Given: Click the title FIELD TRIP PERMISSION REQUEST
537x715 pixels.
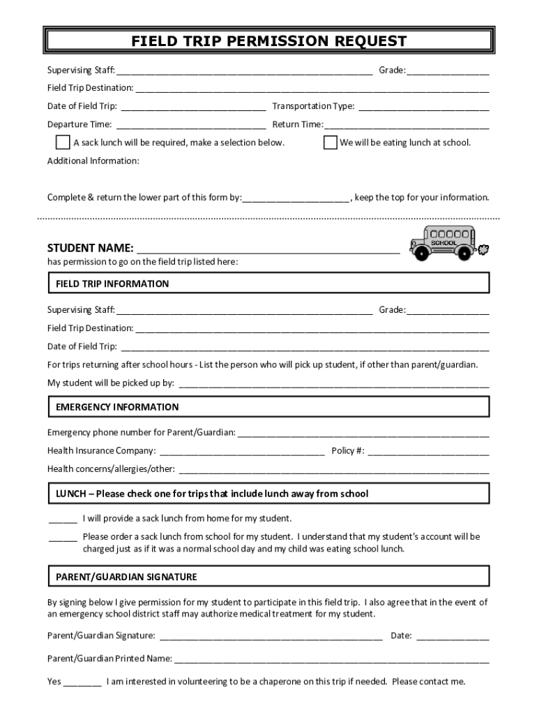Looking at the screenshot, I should pos(268,41).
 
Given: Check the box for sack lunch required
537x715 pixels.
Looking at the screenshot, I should pos(62,142).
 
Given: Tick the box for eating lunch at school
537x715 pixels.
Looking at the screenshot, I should pos(330,142).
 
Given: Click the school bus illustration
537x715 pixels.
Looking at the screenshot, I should pos(444,242).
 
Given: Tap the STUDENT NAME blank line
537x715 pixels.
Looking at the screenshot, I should pos(268,250).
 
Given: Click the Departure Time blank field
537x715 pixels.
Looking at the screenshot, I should pos(190,126).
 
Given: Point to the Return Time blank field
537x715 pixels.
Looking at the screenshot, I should pos(407,126).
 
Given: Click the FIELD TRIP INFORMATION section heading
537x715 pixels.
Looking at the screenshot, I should pos(112,284).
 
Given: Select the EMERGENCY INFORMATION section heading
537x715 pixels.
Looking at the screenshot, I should pos(117,407).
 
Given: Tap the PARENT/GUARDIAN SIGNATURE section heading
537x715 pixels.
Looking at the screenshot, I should pos(126,577).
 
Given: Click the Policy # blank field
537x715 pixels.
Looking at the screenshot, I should pos(428,452).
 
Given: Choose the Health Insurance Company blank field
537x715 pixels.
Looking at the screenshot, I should pos(241,452).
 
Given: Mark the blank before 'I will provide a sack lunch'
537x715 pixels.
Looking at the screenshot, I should pos(63,519).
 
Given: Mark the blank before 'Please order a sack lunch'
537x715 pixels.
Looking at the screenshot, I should pos(63,538).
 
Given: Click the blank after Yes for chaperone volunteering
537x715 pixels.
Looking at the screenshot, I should pos(82,683).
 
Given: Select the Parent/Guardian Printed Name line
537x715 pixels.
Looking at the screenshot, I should pos(331,659).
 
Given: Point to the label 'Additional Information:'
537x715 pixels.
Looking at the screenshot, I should pos(93,161).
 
